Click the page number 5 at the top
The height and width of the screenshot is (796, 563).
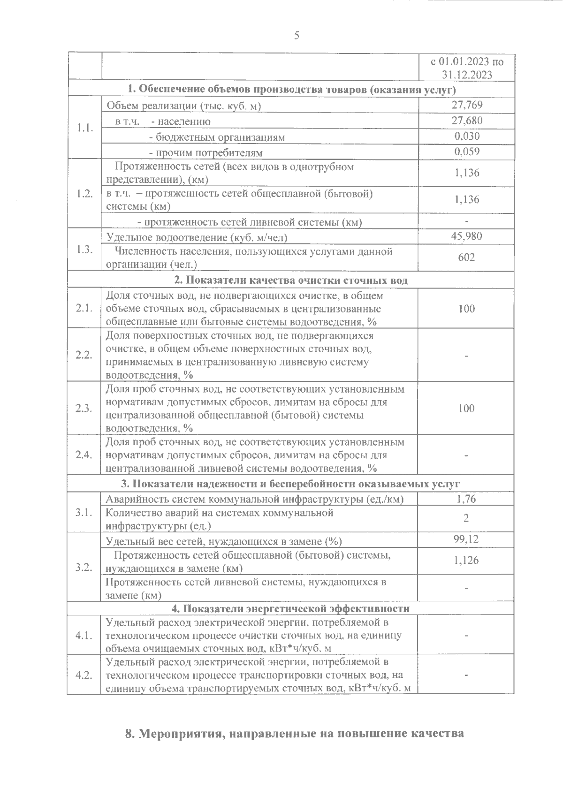[296, 36]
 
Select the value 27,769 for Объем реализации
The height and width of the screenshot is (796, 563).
[467, 105]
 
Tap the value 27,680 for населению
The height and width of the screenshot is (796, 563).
[467, 121]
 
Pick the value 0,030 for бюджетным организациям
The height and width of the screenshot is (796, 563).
[467, 136]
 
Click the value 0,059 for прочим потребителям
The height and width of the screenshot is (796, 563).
[467, 152]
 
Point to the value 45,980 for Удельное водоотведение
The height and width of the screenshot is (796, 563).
[466, 236]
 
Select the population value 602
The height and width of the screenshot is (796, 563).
[467, 257]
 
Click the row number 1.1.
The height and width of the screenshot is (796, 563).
[84, 128]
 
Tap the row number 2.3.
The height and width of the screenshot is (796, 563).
[84, 408]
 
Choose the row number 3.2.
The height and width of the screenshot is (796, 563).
[84, 567]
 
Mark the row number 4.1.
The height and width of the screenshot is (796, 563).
[84, 635]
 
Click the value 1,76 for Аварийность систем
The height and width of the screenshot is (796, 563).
[466, 499]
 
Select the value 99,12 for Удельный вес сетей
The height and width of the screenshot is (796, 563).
[466, 539]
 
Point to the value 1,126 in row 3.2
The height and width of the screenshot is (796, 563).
[466, 560]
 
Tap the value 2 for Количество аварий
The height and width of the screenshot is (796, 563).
[466, 518]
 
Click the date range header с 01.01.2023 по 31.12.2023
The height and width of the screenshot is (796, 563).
[467, 68]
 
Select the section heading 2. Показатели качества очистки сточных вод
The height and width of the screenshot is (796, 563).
[291, 280]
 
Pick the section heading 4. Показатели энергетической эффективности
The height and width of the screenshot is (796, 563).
[290, 608]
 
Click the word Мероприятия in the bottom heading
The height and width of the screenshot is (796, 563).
[180, 734]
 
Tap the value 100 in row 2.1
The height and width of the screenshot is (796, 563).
[466, 308]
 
